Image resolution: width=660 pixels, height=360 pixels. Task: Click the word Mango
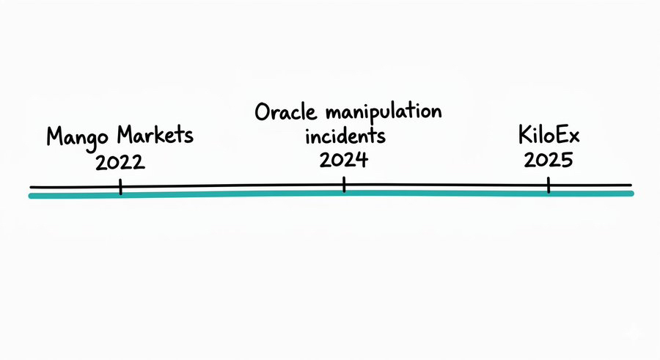tap(76, 138)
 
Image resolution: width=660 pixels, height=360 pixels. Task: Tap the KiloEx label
tap(548, 136)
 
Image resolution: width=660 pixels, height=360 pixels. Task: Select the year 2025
tap(548, 160)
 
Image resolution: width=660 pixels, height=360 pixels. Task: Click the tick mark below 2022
tap(120, 188)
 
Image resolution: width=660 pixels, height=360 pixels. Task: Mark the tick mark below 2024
tap(343, 186)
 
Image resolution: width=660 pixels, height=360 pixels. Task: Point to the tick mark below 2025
tap(548, 186)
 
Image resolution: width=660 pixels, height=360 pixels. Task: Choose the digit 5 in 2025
tap(565, 160)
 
